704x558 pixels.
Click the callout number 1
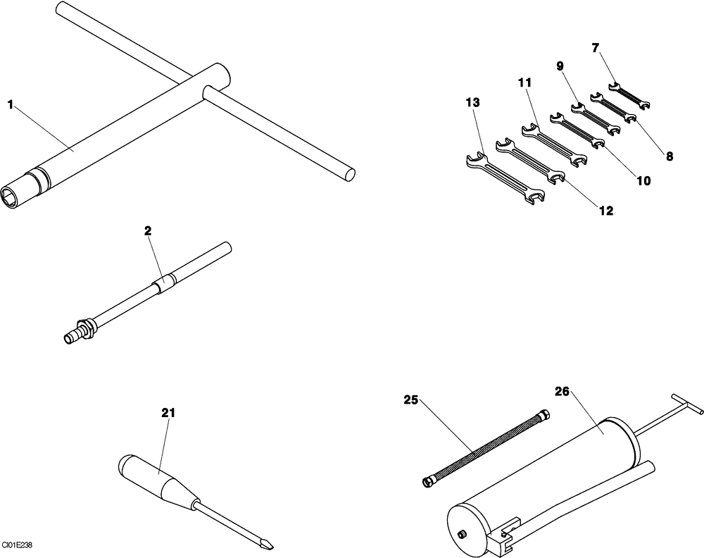pyautogui.click(x=11, y=105)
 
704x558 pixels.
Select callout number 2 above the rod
pyautogui.click(x=148, y=230)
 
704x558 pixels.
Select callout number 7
pyautogui.click(x=596, y=48)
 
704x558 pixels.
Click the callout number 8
pyautogui.click(x=670, y=156)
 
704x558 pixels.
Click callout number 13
pyautogui.click(x=472, y=102)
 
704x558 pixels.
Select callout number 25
pyautogui.click(x=411, y=400)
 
